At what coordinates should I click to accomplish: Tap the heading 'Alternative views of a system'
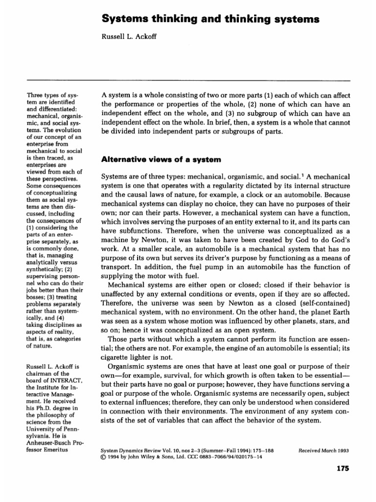(156, 159)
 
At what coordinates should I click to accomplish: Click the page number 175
(342, 469)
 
